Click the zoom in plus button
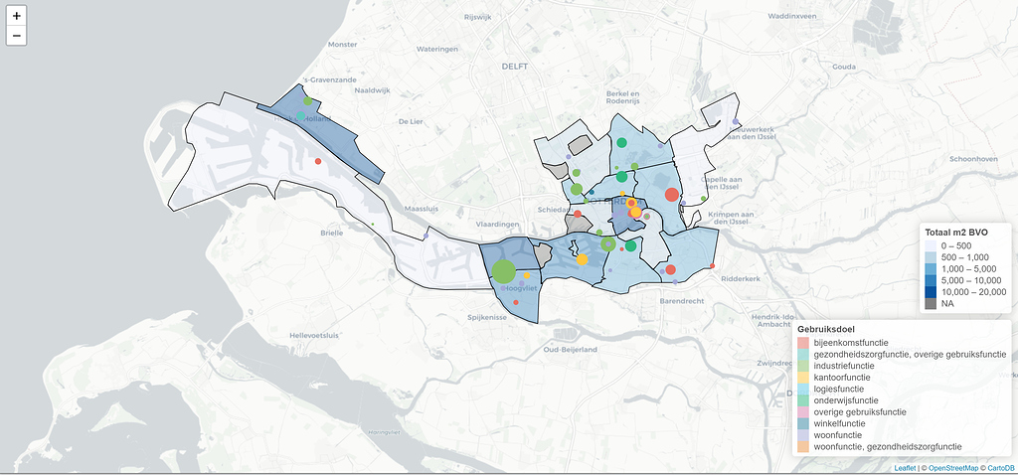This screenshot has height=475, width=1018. click(17, 16)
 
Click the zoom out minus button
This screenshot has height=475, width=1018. click(17, 36)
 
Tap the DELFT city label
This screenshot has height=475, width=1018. click(515, 66)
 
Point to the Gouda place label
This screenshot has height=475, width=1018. click(844, 66)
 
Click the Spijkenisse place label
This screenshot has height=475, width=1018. click(488, 318)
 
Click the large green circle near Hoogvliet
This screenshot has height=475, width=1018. click(504, 271)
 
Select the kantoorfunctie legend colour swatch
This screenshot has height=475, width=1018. click(803, 378)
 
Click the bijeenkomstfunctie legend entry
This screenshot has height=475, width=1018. click(850, 343)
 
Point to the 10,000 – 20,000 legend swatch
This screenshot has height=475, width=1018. click(931, 292)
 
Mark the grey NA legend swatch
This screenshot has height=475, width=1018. click(931, 304)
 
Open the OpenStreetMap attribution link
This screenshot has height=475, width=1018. click(952, 468)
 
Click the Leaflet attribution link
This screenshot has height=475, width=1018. click(905, 468)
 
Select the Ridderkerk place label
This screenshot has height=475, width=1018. click(740, 280)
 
